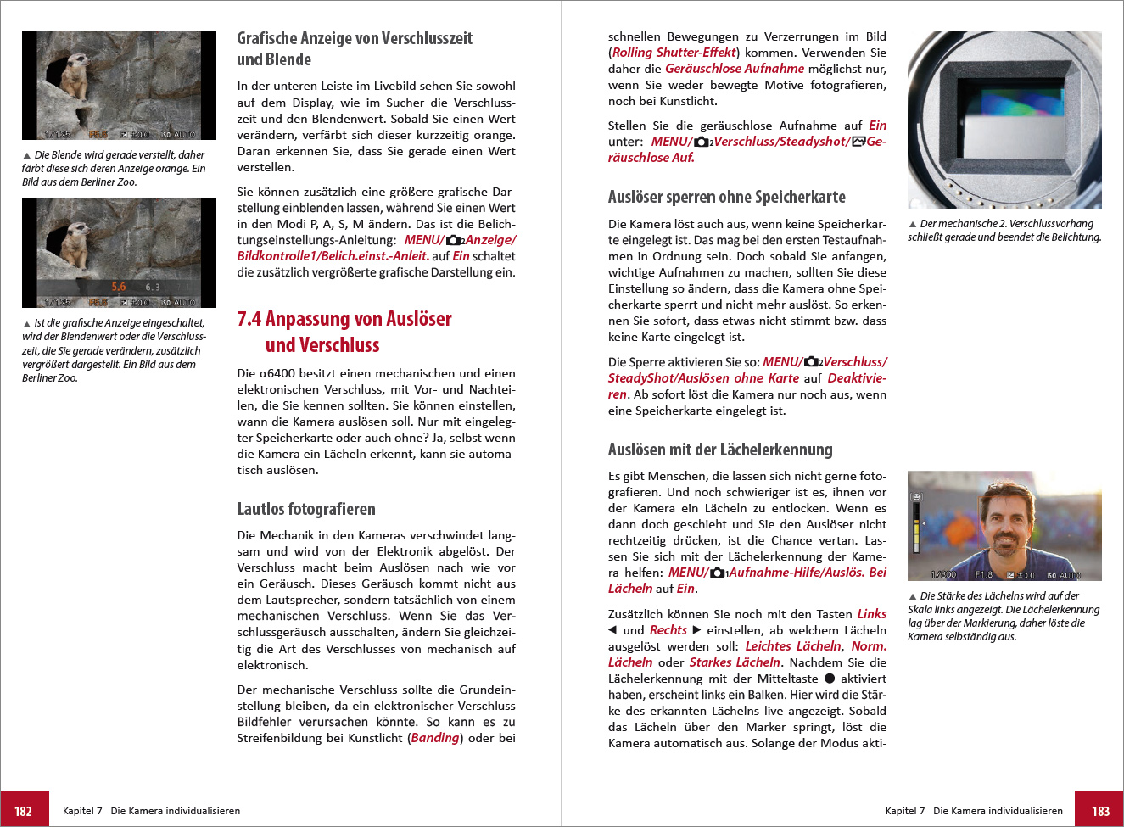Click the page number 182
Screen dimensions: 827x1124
pos(24,811)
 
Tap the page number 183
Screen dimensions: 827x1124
pos(1100,811)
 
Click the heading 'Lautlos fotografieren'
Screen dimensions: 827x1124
pos(306,509)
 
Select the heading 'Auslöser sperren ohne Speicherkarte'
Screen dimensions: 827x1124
pos(726,197)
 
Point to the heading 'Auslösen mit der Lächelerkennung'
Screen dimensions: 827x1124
pos(720,450)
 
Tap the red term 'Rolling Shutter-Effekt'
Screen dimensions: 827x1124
pos(674,53)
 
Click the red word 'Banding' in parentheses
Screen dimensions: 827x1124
pos(435,738)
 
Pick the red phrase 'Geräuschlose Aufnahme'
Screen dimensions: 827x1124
pos(735,69)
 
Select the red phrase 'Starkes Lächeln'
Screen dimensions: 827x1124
pos(735,662)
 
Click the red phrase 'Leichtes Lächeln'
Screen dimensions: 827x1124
pos(794,646)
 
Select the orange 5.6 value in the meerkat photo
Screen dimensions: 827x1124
pos(119,287)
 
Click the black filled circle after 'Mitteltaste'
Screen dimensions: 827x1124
pos(830,679)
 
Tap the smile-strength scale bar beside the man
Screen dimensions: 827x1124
pos(916,530)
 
